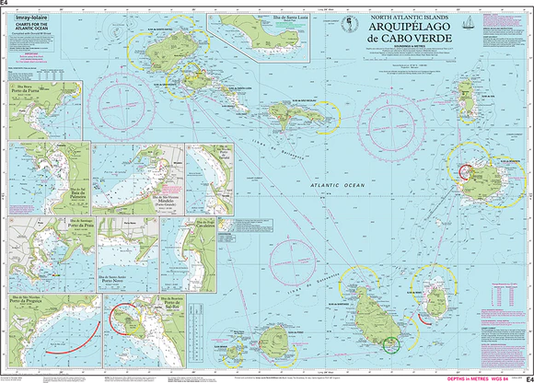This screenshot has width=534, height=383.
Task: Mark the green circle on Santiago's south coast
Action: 391,344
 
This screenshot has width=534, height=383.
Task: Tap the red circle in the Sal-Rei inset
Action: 122,319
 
